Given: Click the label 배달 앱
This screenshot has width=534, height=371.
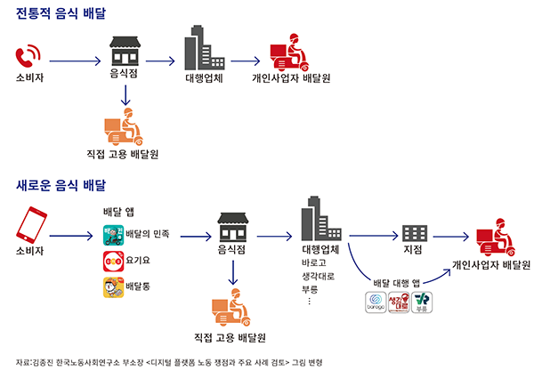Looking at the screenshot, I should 120,213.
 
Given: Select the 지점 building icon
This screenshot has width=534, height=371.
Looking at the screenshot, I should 414,233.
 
